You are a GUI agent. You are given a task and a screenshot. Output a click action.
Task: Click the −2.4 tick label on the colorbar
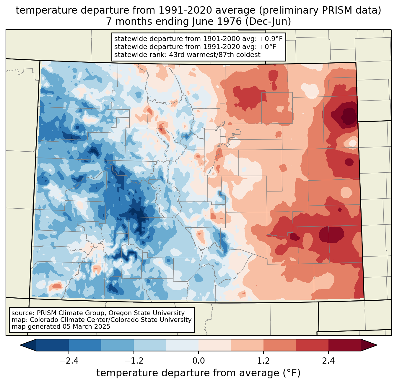(x=69, y=361)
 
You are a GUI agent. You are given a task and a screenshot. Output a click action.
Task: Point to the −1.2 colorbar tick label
(x=134, y=361)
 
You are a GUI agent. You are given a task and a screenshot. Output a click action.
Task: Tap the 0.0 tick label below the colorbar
(x=198, y=361)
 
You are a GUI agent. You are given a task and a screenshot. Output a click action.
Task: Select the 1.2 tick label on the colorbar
(x=263, y=361)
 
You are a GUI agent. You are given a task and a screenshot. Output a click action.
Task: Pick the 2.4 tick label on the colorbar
(x=328, y=361)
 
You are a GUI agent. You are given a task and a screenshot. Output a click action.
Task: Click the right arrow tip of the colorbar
(x=376, y=345)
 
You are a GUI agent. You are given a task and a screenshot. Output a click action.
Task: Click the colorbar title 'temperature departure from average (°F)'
(x=198, y=373)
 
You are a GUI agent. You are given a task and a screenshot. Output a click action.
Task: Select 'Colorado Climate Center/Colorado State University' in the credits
(x=111, y=320)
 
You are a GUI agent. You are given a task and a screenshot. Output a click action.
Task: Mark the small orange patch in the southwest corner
(x=56, y=286)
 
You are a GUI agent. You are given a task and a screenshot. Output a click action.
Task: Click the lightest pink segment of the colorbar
(x=215, y=345)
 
